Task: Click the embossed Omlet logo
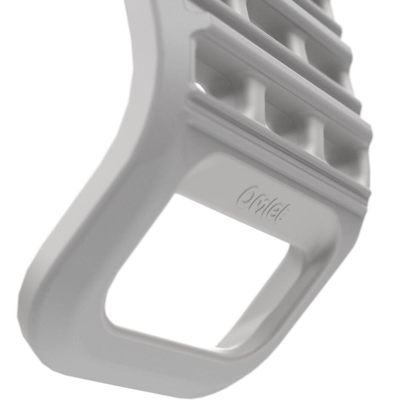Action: tap(263, 204)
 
